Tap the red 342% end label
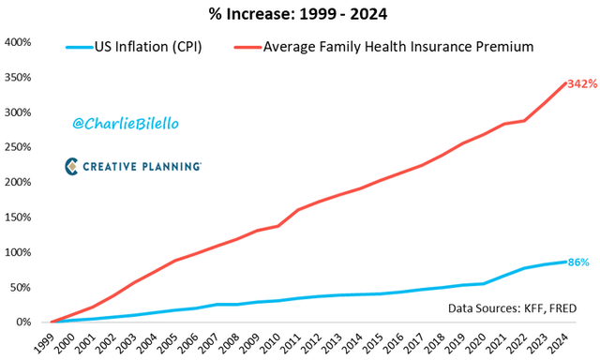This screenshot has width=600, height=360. pos(582,84)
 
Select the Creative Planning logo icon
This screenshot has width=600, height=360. pos(73,166)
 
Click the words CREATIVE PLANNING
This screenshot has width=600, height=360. pos(142,167)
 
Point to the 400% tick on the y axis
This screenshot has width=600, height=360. pos(20,42)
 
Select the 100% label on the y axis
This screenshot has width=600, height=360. pos(20,252)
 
